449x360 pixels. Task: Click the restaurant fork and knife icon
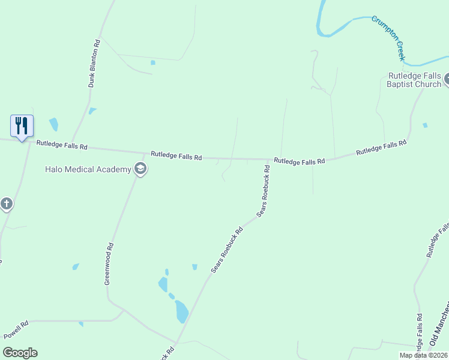tap(22, 125)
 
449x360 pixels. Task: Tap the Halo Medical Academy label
tap(88, 169)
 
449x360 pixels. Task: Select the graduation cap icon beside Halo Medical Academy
tap(140, 169)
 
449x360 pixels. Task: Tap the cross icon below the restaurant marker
tap(7, 204)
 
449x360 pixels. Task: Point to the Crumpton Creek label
tap(388, 38)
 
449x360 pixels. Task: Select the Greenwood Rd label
tap(109, 263)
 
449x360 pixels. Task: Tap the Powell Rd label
tap(16, 331)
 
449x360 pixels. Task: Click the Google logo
tap(19, 353)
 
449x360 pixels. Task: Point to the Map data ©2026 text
tap(423, 355)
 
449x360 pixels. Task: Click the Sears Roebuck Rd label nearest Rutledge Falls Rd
tap(264, 191)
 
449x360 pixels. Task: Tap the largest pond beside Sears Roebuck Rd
tap(181, 311)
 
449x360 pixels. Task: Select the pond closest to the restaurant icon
tap(53, 124)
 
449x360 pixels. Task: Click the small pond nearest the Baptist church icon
tap(425, 125)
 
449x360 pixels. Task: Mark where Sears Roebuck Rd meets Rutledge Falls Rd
tap(269, 160)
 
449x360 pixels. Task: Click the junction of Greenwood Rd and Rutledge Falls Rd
tap(143, 154)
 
